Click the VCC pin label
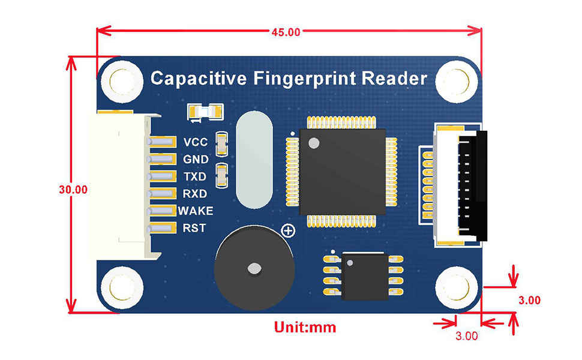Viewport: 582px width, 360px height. coord(196,142)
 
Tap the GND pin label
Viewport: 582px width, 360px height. coord(196,160)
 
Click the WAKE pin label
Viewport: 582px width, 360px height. coord(196,211)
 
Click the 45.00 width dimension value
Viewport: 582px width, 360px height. coord(286,32)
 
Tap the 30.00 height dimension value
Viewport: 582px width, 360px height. coord(73,189)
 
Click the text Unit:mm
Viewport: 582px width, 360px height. coord(305,328)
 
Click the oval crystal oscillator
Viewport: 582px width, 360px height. coord(254,160)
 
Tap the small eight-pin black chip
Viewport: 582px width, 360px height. coord(365,276)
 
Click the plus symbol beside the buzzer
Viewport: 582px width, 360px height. coord(288,230)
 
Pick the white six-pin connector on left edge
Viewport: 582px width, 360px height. coord(120,186)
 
